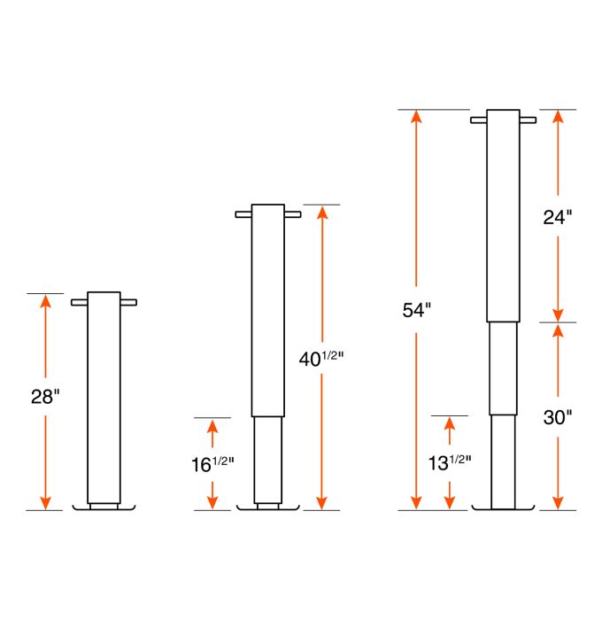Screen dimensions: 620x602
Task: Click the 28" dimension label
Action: [44, 396]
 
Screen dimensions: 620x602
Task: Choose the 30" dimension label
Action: [558, 417]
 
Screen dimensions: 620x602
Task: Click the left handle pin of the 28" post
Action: [80, 303]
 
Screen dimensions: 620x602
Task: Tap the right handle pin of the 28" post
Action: [128, 303]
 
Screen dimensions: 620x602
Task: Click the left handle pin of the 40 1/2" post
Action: [243, 214]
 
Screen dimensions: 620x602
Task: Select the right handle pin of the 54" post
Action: [527, 120]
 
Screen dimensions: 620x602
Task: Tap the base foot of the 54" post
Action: [504, 509]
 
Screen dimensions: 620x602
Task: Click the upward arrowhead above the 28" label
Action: [45, 300]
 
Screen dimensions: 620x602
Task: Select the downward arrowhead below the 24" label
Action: [558, 314]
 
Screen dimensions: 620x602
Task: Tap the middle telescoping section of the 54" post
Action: [504, 368]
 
